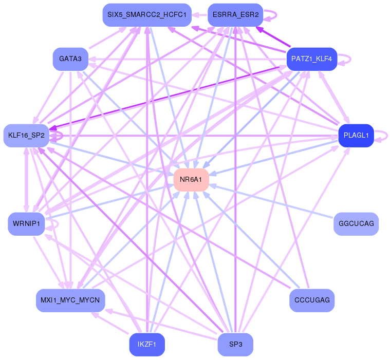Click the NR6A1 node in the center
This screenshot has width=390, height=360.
pyautogui.click(x=191, y=180)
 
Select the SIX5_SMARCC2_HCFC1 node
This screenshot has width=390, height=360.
pyautogui.click(x=147, y=15)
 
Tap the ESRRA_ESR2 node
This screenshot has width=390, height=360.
pyautogui.click(x=235, y=15)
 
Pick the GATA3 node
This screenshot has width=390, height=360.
pyautogui.click(x=70, y=59)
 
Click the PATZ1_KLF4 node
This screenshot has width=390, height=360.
pyautogui.click(x=312, y=59)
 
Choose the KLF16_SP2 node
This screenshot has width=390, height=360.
pyautogui.click(x=26, y=136)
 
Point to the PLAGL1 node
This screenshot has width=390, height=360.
pyautogui.click(x=356, y=136)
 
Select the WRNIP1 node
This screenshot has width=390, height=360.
pyautogui.click(x=26, y=224)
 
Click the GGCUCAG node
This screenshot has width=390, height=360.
pyautogui.click(x=356, y=224)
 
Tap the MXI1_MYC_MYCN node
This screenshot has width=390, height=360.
pyautogui.click(x=70, y=300)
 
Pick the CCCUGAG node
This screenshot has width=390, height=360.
pyautogui.click(x=312, y=300)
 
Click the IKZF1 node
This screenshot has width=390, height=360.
pyautogui.click(x=147, y=345)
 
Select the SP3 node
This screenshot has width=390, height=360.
pyautogui.click(x=235, y=345)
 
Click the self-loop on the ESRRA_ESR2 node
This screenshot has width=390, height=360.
pyautogui.click(x=276, y=15)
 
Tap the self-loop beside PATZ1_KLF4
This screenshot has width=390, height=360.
pyautogui.click(x=350, y=59)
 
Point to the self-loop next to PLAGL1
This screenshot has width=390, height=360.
pyautogui.click(x=387, y=136)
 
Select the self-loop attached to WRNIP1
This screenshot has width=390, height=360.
pyautogui.click(x=58, y=224)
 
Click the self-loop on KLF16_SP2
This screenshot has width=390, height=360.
pyautogui.click(x=62, y=136)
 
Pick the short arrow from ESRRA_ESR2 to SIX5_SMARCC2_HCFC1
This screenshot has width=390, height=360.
pyautogui.click(x=199, y=15)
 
